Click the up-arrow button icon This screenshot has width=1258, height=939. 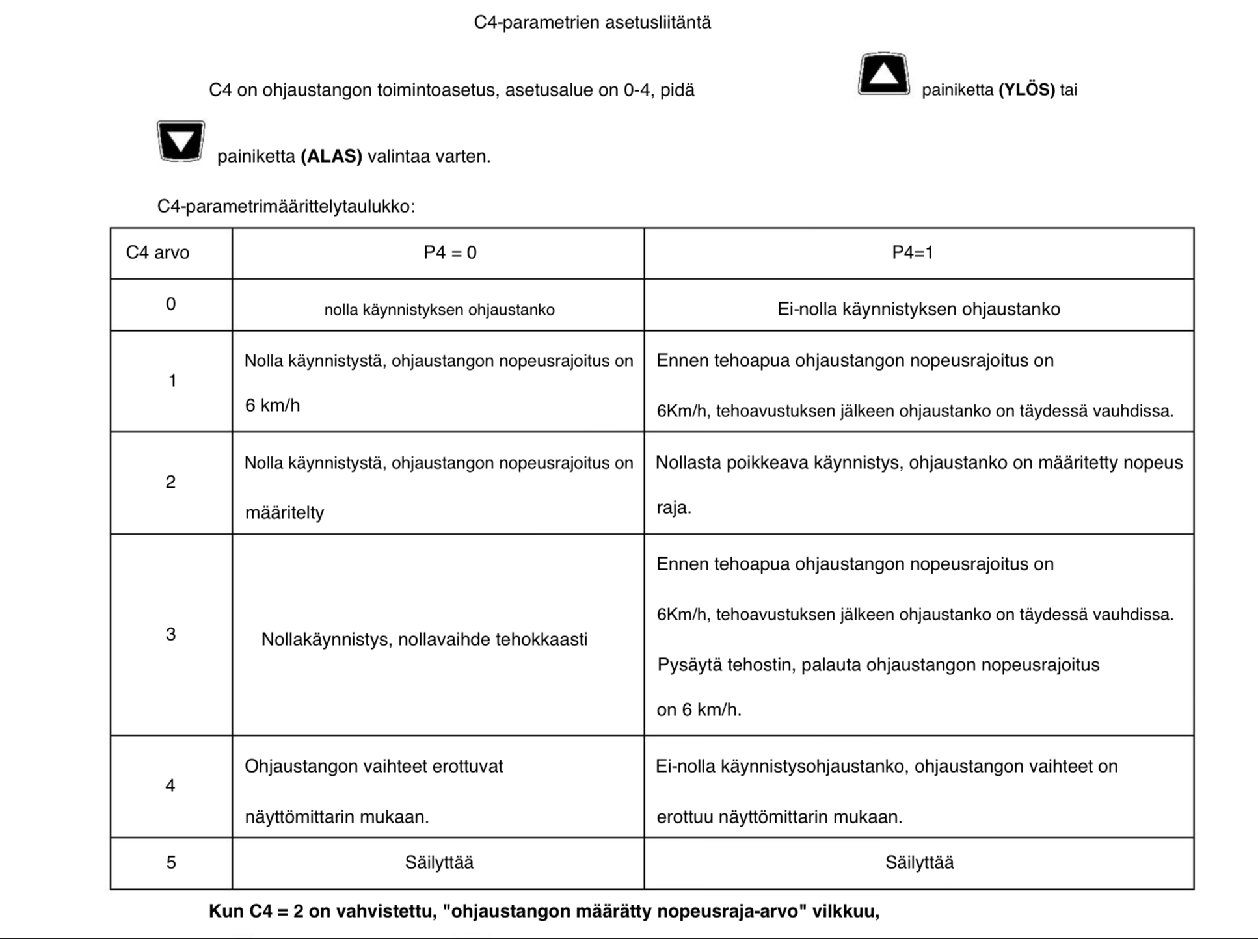[883, 74]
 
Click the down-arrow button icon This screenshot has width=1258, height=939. [181, 140]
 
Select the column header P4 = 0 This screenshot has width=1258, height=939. [449, 252]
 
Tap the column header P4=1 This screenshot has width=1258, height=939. [912, 252]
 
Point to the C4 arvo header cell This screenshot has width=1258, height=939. [157, 252]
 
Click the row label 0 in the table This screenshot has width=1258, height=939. [170, 304]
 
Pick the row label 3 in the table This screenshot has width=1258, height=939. [170, 634]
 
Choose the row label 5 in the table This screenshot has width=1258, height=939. [170, 863]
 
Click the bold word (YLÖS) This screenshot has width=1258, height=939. [1026, 90]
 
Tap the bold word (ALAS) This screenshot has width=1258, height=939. [331, 157]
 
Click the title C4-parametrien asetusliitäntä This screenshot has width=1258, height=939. [592, 23]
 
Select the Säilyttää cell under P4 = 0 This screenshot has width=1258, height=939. [439, 863]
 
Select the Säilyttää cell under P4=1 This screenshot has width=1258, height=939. [919, 863]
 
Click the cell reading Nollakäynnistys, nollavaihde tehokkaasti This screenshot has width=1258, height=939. [424, 640]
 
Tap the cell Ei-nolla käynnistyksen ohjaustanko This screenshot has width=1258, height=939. [918, 309]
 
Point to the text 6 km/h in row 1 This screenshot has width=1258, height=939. [273, 406]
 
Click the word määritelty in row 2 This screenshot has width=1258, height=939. [284, 513]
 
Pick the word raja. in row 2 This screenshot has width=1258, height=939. [673, 508]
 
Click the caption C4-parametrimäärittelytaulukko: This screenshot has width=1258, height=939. [286, 207]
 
